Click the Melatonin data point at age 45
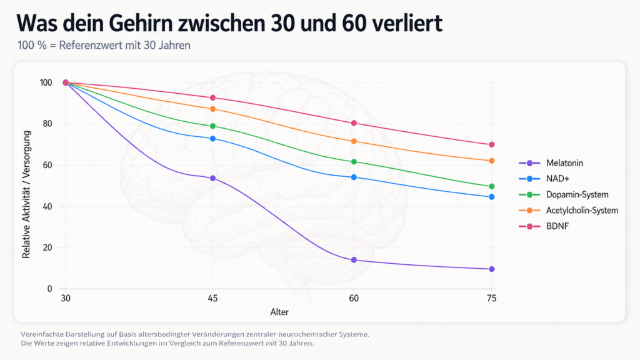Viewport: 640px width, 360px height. point(212,178)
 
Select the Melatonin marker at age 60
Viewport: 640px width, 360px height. point(354,260)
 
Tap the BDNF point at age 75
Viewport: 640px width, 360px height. point(492,144)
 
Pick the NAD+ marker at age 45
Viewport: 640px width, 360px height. point(212,138)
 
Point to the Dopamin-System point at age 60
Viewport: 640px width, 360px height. point(354,162)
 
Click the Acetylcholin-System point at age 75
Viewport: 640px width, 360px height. point(492,161)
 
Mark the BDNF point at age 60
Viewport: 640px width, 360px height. point(354,123)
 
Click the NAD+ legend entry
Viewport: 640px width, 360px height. point(556,179)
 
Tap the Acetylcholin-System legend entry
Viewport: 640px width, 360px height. point(582,210)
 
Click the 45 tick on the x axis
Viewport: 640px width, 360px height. point(212,299)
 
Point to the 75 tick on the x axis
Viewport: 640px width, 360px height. point(492,299)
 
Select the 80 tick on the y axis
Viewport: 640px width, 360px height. point(47,124)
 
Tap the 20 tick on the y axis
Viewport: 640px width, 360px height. point(47,247)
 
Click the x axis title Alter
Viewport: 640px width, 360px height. point(279,311)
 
